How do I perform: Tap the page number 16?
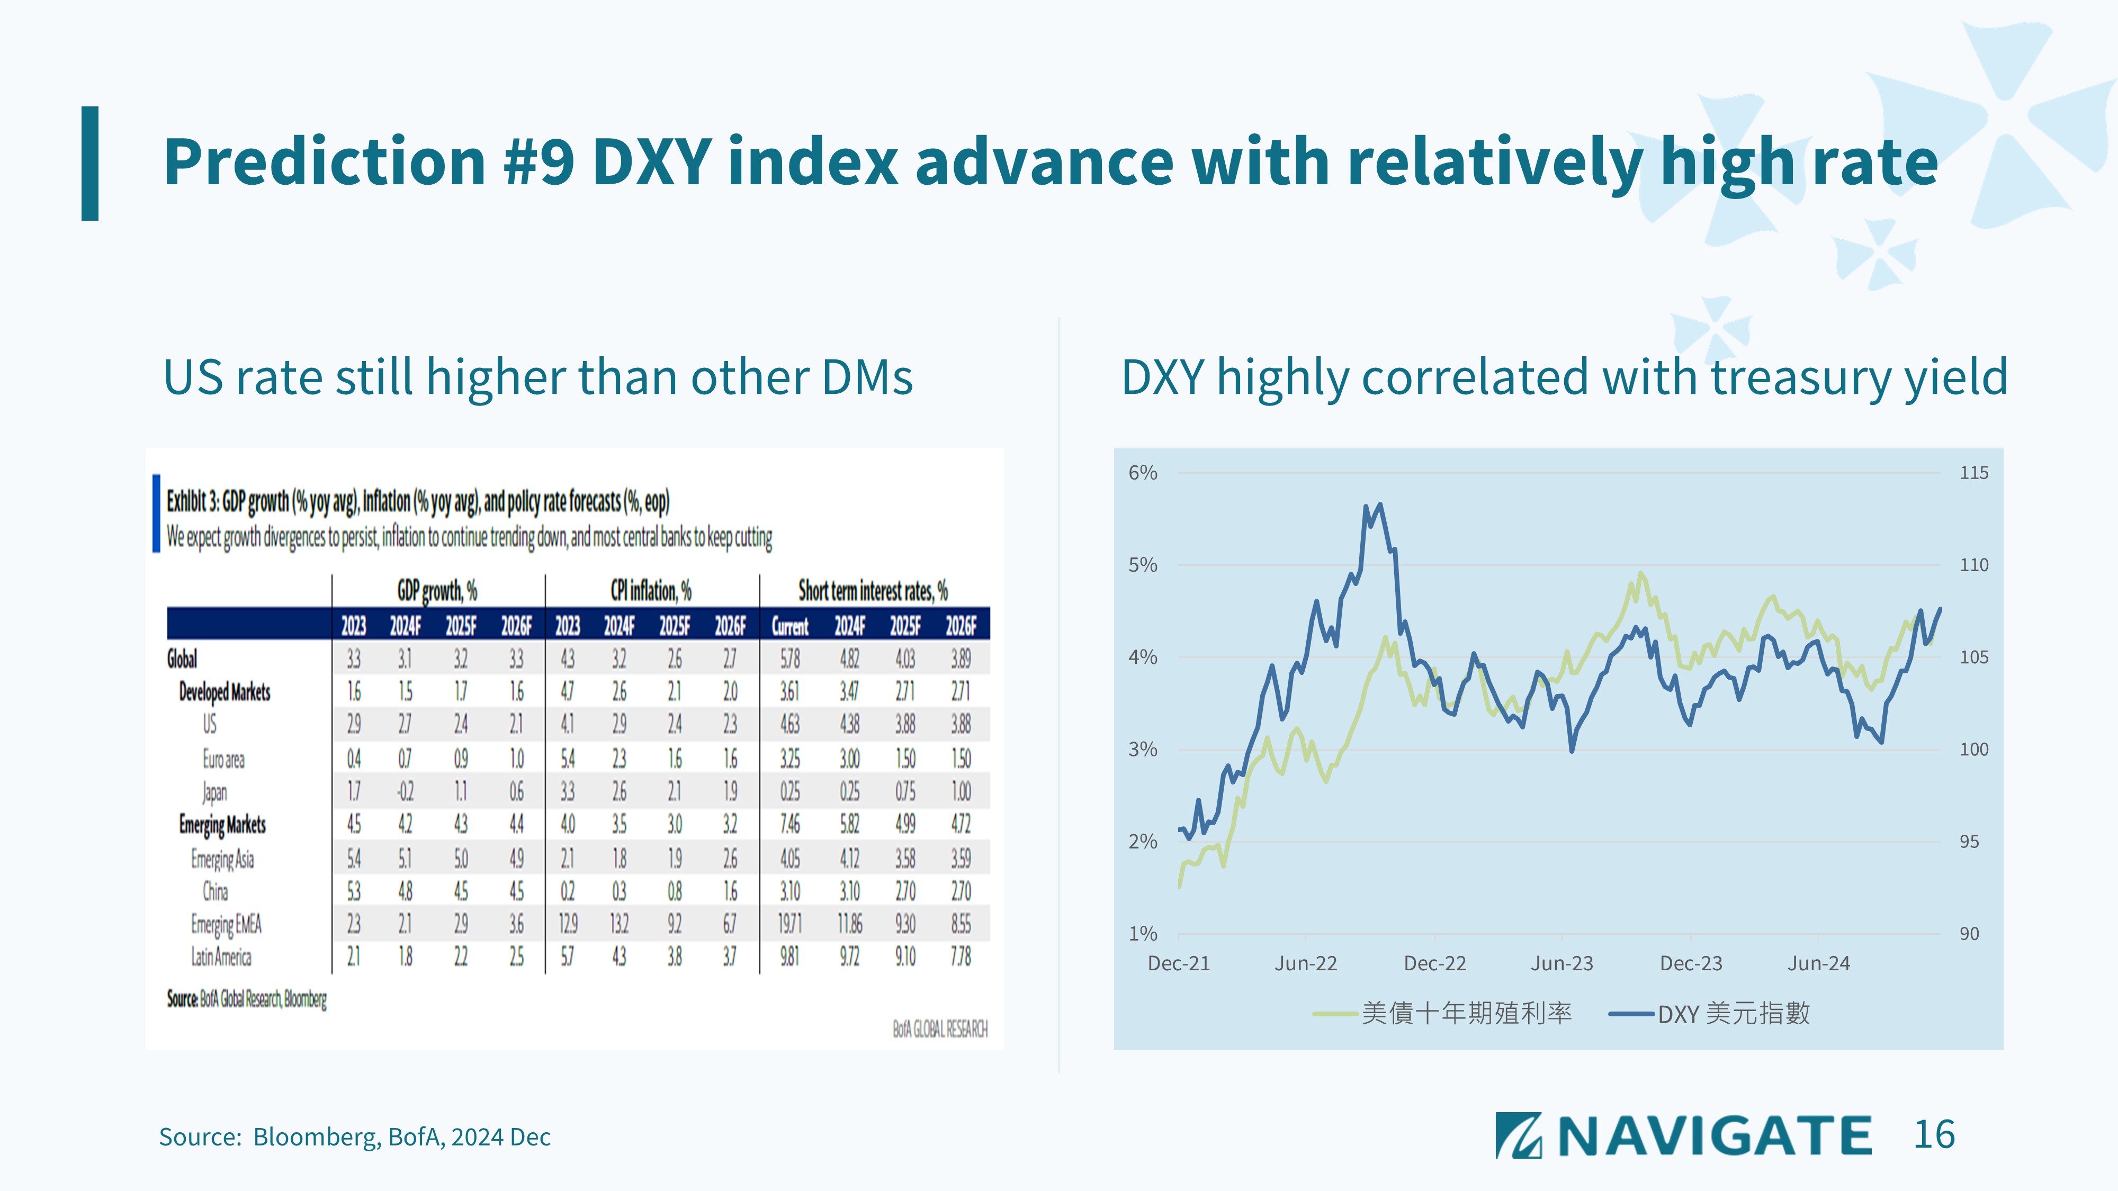(1934, 1135)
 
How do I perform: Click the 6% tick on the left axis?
(1142, 473)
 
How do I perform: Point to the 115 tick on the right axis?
(1973, 473)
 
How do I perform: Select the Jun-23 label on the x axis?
(1561, 963)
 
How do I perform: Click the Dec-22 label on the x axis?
(1435, 963)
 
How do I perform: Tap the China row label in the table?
(216, 891)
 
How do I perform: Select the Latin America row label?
(221, 957)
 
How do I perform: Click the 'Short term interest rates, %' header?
(873, 590)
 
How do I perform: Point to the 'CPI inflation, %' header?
(650, 590)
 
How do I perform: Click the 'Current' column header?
(789, 626)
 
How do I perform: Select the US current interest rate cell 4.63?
(789, 724)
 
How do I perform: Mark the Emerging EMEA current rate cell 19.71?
(789, 924)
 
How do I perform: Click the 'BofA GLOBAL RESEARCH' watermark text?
(940, 1029)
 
